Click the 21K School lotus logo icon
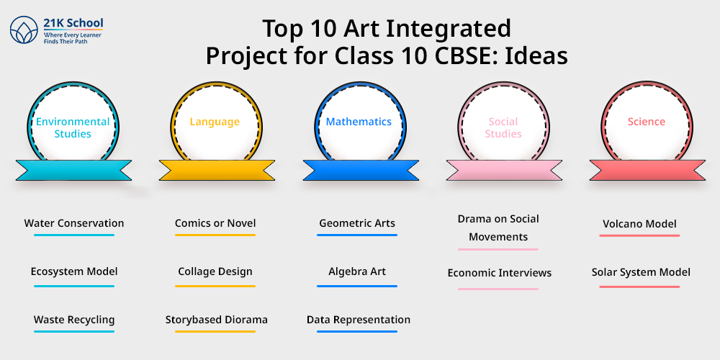(24, 30)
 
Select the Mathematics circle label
(359, 122)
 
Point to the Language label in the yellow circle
(215, 122)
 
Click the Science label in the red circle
(647, 122)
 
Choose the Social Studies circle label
(503, 127)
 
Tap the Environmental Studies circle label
(73, 127)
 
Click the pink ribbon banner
(504, 170)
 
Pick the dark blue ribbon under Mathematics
(361, 170)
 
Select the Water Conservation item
(74, 224)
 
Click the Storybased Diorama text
(216, 320)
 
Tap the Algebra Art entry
(357, 271)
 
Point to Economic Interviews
(500, 273)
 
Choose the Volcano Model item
(639, 224)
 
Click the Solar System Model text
(641, 272)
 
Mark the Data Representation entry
(359, 320)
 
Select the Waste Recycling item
(74, 320)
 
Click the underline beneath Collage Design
(215, 286)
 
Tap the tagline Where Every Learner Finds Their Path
(73, 38)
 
